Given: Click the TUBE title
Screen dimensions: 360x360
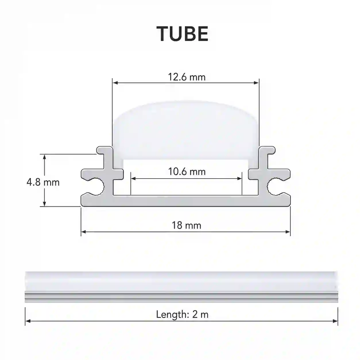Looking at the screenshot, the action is coord(182,34).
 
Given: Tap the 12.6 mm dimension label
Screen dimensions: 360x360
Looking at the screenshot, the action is coord(187,77).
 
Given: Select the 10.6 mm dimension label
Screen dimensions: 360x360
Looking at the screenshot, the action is coord(187,171).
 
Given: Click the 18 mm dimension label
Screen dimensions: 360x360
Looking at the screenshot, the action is coord(186,225).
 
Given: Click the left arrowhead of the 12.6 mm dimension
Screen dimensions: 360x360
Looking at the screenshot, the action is coord(115,83).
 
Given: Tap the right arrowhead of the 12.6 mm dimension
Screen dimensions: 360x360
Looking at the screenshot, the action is coord(256,83).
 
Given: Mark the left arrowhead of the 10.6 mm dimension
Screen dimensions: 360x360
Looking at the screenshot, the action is coord(133,179).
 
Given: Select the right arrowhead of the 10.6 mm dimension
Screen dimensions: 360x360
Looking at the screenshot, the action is coord(239,179).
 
